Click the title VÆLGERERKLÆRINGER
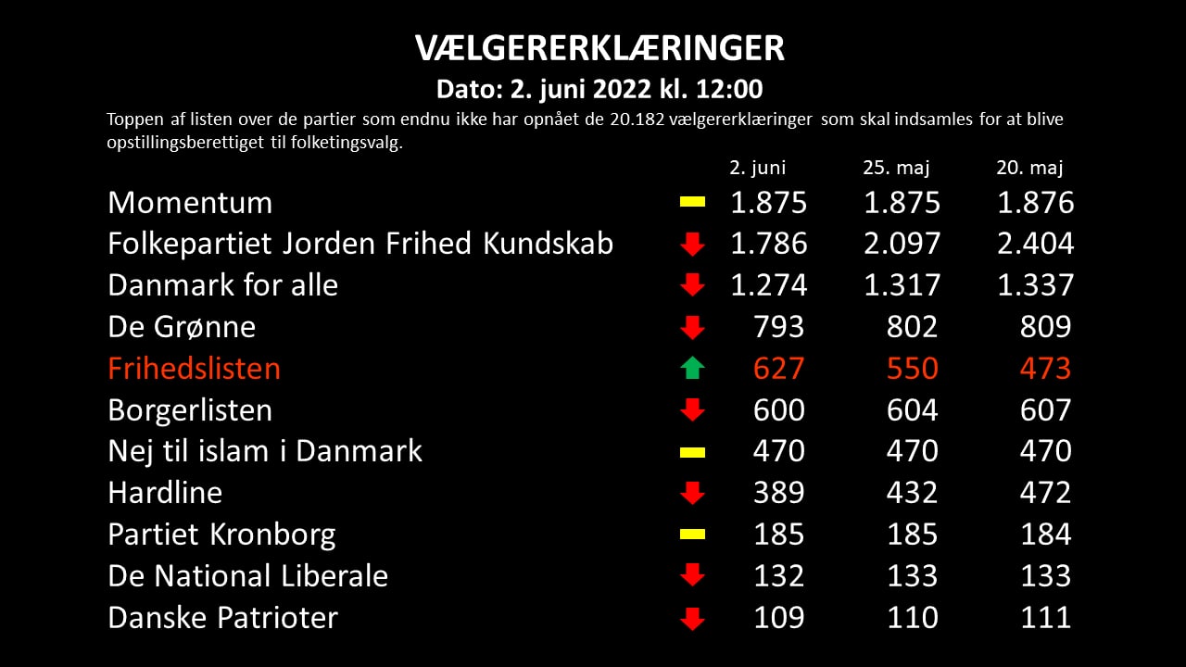[x=599, y=48]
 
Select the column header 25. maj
[x=896, y=168]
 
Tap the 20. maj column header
[x=1029, y=168]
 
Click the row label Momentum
[x=190, y=203]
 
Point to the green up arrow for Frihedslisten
[x=692, y=368]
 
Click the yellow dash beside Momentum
[x=692, y=202]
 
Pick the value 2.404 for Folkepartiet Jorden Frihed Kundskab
[x=1035, y=244]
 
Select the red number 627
[x=779, y=369]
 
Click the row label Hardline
[x=165, y=493]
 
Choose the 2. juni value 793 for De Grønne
[x=779, y=327]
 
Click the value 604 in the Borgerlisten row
[x=913, y=410]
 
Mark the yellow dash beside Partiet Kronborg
[x=692, y=535]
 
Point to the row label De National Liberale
[x=247, y=576]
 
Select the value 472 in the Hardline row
[x=1046, y=493]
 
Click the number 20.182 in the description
[x=637, y=120]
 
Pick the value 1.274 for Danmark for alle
[x=768, y=285]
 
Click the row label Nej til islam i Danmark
[x=265, y=451]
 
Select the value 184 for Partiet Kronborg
[x=1046, y=535]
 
